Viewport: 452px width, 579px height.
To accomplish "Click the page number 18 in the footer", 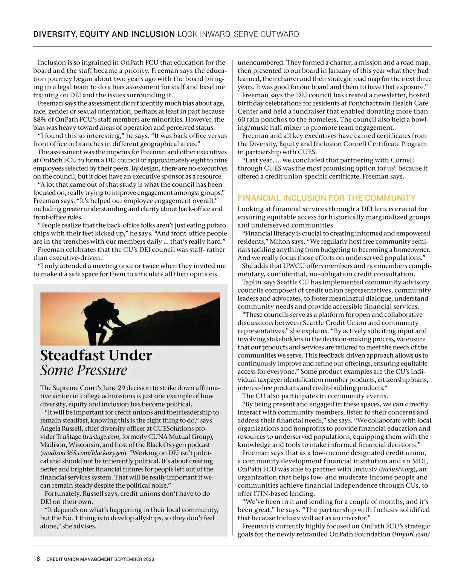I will click(37, 559).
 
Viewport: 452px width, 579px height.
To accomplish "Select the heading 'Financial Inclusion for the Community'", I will click(327, 198).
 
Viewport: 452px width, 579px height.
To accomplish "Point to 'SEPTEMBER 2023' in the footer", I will click(134, 559).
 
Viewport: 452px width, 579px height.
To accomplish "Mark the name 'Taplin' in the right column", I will click(252, 282).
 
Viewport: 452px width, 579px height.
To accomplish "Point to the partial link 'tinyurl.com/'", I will click(412, 534).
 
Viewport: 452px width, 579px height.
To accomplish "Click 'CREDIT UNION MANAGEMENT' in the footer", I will click(79, 559).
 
